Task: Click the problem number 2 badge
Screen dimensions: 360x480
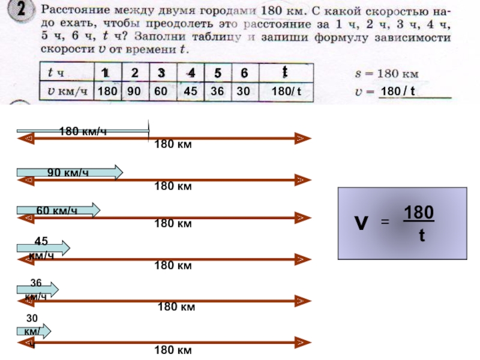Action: [x=22, y=11]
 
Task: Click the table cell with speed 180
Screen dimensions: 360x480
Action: [x=107, y=91]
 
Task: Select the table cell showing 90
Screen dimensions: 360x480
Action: [x=134, y=91]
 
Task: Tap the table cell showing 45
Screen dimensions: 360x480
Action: [x=191, y=91]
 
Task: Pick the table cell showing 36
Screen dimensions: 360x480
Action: [x=217, y=91]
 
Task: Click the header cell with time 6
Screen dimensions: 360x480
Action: [x=244, y=73]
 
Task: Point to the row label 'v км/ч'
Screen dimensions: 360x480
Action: [x=64, y=91]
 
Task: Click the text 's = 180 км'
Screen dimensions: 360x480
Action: [x=384, y=74]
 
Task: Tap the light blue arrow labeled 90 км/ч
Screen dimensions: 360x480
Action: [x=70, y=173]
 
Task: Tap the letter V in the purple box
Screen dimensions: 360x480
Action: [x=361, y=223]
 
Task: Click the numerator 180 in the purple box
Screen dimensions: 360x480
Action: [x=419, y=213]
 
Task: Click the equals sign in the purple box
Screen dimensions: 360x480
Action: [x=386, y=223]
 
